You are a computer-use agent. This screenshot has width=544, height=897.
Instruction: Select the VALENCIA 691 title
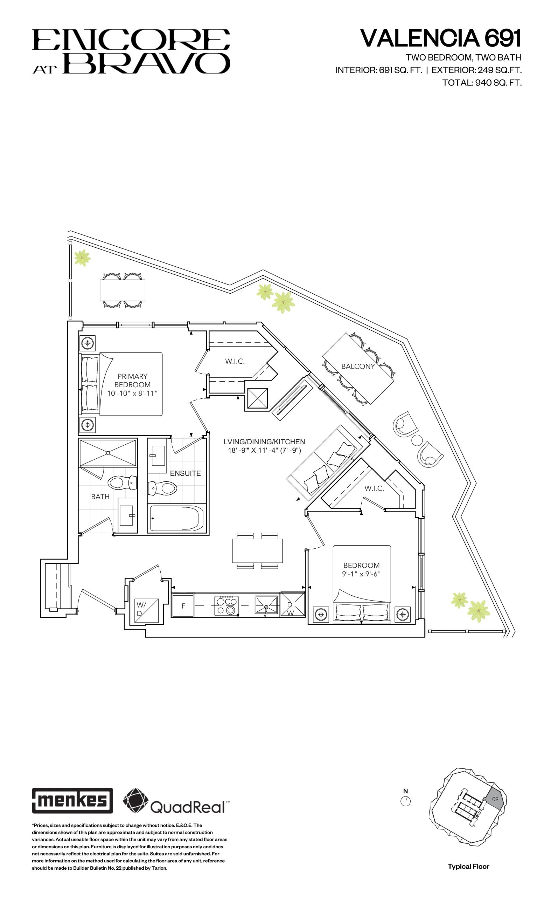[x=440, y=38]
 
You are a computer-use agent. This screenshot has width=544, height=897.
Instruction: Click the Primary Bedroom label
[x=132, y=381]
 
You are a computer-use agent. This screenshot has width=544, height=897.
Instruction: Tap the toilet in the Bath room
[x=123, y=483]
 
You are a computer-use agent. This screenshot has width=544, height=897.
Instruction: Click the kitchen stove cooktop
[x=226, y=605]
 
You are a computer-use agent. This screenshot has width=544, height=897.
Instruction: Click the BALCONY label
[x=358, y=366]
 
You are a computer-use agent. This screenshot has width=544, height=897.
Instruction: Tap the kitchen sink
[x=266, y=605]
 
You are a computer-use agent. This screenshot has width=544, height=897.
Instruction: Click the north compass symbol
[x=405, y=801]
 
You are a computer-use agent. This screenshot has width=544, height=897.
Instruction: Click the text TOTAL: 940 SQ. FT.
[x=482, y=83]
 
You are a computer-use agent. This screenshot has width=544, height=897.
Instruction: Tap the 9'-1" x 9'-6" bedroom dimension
[x=361, y=574]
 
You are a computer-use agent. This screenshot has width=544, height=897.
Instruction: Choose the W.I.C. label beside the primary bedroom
[x=235, y=361]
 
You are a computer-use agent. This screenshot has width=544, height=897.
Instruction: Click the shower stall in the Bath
[x=108, y=452]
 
